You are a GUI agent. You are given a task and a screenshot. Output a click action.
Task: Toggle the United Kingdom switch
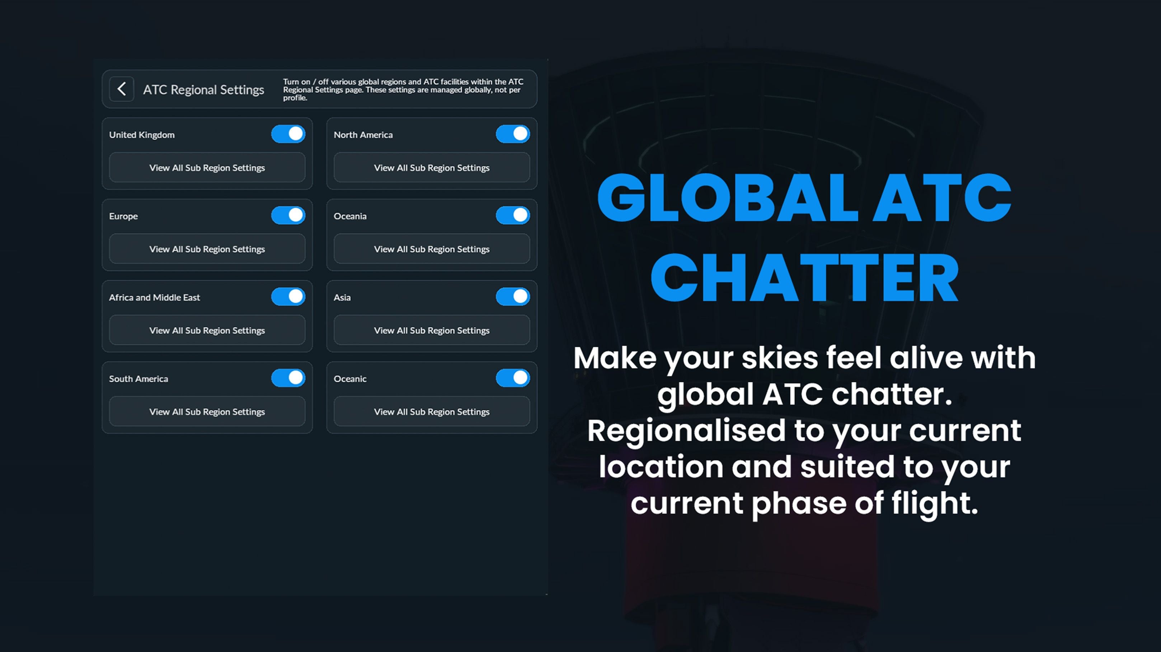[x=288, y=134]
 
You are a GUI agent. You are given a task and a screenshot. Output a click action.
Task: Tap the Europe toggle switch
[x=288, y=215]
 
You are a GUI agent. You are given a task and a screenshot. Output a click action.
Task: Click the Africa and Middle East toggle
[x=288, y=297]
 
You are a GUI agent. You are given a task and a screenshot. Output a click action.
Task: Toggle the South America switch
[x=288, y=378]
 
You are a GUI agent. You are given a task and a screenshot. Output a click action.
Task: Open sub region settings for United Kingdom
[x=207, y=167]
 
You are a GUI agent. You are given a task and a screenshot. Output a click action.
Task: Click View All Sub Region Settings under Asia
[x=431, y=330]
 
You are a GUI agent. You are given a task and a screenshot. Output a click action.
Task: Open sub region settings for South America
[x=207, y=411]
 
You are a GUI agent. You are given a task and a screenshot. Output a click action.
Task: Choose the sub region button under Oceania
[x=431, y=248]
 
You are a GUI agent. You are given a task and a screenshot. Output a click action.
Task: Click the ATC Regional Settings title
[x=203, y=90]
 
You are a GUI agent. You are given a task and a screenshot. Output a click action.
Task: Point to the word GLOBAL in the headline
[x=727, y=199]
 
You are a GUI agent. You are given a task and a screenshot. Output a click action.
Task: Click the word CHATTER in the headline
[x=804, y=277]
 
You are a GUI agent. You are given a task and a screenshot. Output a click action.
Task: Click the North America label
[x=363, y=135]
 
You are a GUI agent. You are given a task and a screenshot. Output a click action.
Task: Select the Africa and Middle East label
[x=154, y=298]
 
